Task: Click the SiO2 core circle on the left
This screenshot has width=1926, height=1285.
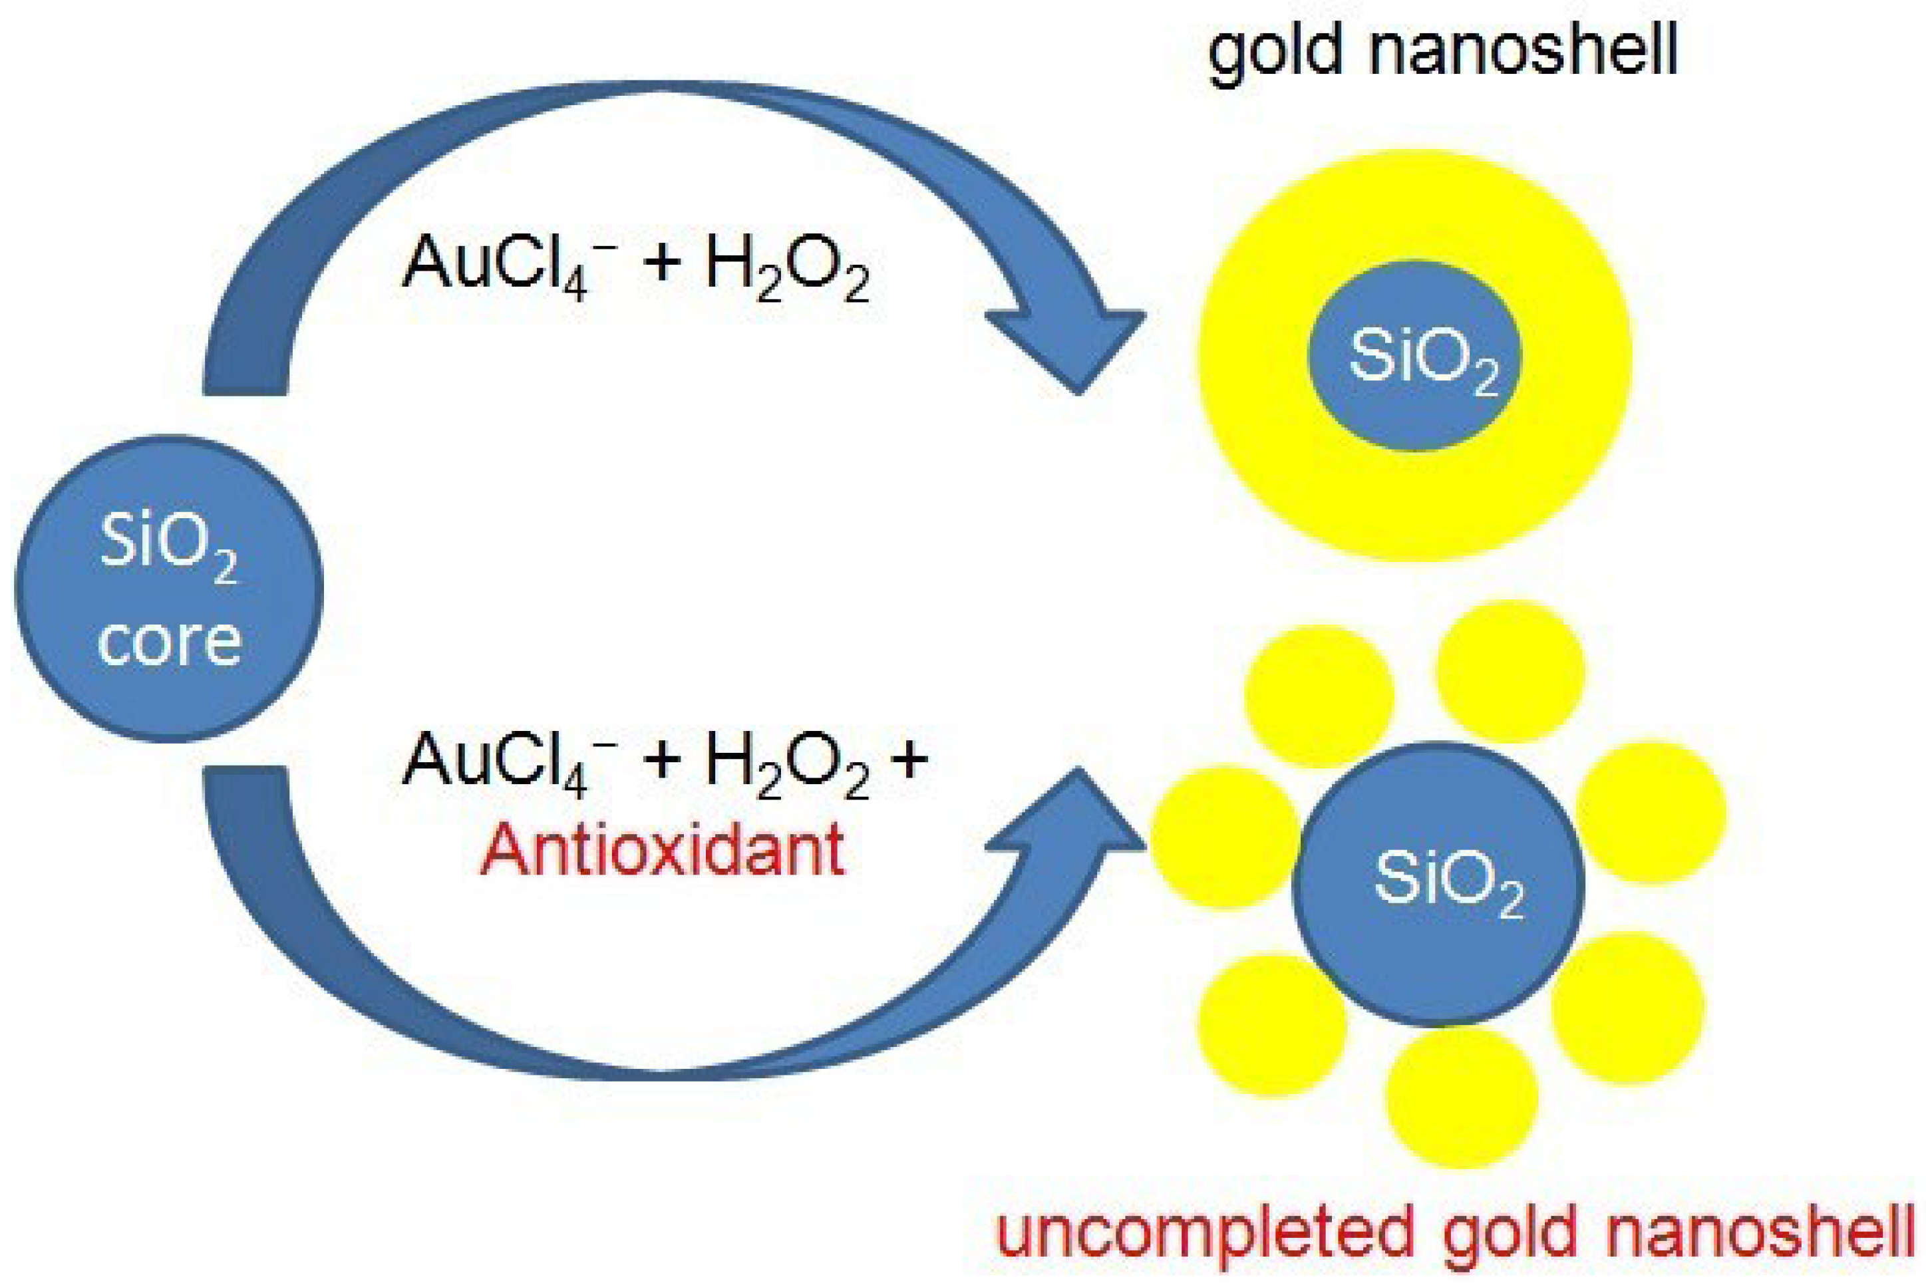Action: [x=169, y=589]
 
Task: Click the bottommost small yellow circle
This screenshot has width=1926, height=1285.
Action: [x=1462, y=1097]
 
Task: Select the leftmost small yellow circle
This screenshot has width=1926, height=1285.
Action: [x=1226, y=837]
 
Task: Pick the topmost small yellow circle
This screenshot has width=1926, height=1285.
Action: [x=1510, y=671]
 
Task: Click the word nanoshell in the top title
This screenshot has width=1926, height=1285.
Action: [x=1524, y=51]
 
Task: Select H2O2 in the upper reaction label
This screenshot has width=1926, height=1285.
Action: [x=787, y=271]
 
